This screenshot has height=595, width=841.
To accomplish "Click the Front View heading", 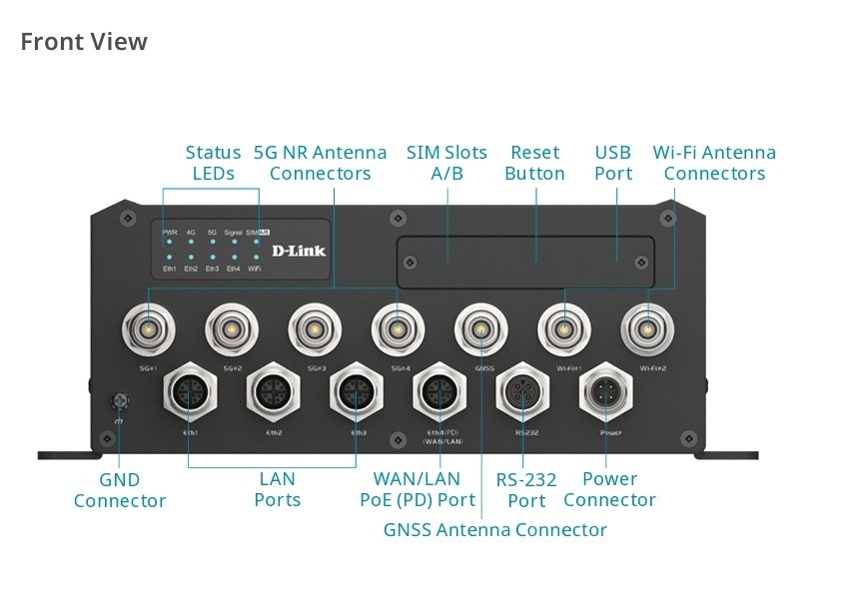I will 84,42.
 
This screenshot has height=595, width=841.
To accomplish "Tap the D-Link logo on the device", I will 299,250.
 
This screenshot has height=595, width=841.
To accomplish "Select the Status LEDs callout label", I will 213,163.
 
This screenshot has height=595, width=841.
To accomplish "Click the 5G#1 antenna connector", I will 148,327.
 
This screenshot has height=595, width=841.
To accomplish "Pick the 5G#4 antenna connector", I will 398,327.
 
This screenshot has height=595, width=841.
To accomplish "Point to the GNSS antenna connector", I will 481,327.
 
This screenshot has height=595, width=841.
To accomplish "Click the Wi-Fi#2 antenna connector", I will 647,327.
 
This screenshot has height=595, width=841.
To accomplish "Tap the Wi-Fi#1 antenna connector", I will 564,327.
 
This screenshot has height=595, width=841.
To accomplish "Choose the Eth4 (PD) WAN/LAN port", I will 439,391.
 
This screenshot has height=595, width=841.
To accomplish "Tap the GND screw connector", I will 120,402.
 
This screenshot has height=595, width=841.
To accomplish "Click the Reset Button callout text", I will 534,163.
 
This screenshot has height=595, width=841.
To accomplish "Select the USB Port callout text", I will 613,163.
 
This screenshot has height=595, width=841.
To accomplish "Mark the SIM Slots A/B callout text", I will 446,163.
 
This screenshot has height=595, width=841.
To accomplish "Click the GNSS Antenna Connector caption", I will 494,529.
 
